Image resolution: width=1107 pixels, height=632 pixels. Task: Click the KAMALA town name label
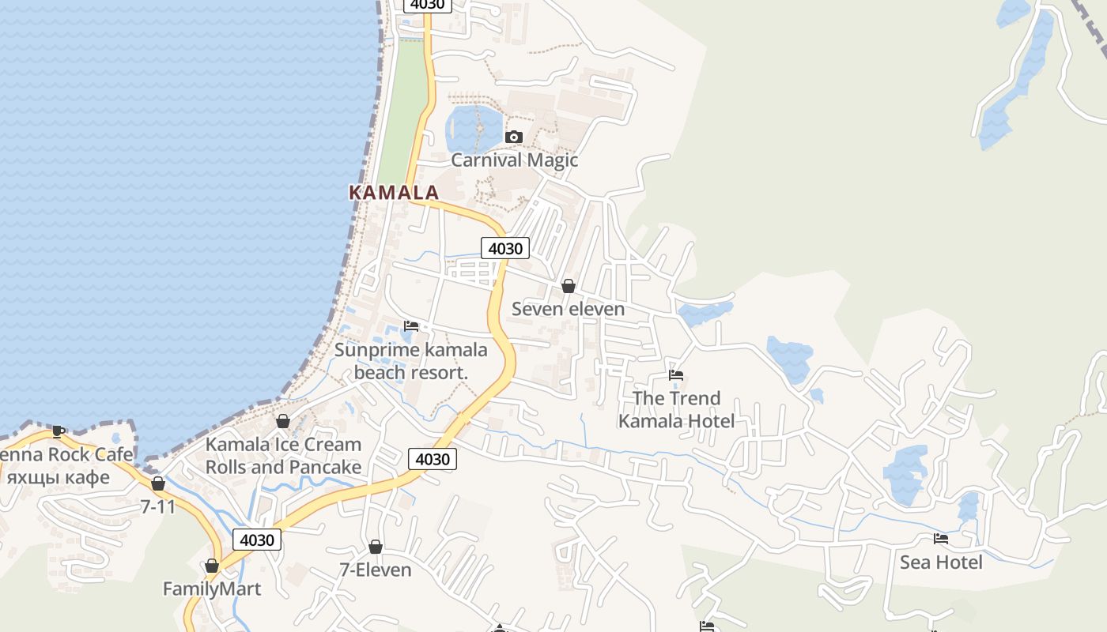point(394,192)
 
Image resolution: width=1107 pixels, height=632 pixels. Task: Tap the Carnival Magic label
point(514,160)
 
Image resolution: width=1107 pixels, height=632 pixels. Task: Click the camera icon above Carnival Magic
point(514,137)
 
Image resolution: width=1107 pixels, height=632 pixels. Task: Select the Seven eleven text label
point(568,309)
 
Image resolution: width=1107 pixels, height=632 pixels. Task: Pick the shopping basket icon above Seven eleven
point(568,286)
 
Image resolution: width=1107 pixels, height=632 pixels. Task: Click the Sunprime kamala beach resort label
point(411,361)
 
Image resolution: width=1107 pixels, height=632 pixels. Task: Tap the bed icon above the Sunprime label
point(411,325)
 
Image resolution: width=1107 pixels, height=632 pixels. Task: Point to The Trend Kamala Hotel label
point(676,409)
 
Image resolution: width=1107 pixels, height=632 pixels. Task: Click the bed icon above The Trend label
point(675,375)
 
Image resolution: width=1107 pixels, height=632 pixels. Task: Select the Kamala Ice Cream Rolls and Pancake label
point(283,456)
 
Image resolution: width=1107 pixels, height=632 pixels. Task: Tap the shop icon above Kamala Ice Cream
point(283,421)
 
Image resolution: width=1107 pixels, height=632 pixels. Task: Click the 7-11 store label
point(158,506)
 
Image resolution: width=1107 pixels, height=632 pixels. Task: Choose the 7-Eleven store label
point(376,570)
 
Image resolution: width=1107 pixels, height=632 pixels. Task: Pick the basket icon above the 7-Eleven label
point(376,547)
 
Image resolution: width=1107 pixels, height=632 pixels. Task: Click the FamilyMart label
point(211,589)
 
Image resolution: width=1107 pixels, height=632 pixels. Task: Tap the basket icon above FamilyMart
point(211,566)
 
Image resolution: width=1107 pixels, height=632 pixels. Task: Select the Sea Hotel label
point(941,562)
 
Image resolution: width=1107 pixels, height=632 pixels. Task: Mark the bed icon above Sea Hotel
point(941,539)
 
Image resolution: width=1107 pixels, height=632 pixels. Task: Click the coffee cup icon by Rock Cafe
point(58,431)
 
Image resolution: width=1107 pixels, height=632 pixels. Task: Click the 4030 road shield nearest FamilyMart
point(257,540)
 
